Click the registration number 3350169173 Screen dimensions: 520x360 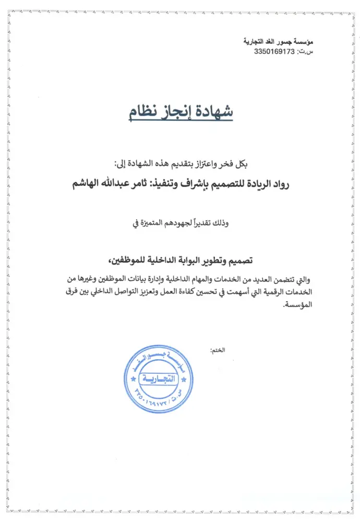[274, 51]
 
